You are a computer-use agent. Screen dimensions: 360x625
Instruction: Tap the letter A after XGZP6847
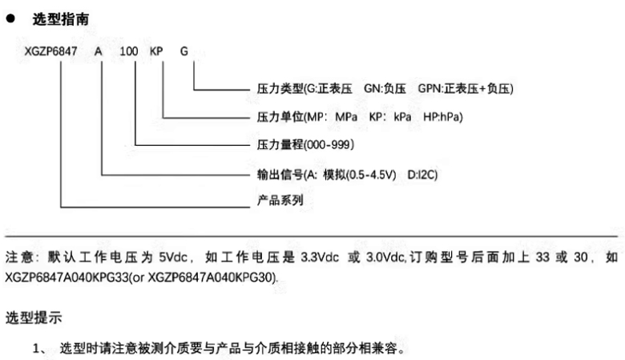(x=99, y=52)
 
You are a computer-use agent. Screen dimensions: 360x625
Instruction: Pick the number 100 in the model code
(x=128, y=52)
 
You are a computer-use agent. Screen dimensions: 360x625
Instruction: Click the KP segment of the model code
(x=157, y=52)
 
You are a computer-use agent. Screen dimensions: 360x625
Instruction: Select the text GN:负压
(x=385, y=88)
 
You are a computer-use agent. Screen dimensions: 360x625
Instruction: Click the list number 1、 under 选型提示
(x=41, y=350)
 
